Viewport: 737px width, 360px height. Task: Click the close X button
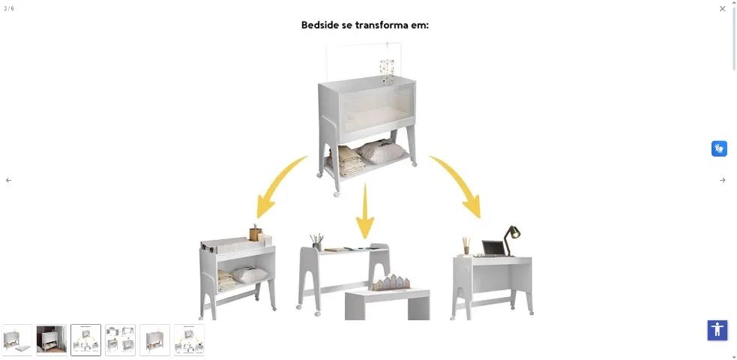coord(722,9)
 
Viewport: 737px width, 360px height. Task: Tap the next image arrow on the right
coord(722,180)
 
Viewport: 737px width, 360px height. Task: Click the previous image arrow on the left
coord(9,180)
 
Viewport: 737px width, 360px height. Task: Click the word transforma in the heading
coord(385,25)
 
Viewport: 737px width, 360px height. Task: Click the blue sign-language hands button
coord(719,148)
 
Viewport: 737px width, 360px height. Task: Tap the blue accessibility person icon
coord(718,330)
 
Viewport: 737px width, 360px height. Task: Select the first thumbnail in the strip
coord(17,340)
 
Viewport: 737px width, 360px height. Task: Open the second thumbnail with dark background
coord(52,340)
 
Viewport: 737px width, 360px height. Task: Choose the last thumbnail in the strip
coord(189,340)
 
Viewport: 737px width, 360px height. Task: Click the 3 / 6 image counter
coord(9,8)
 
